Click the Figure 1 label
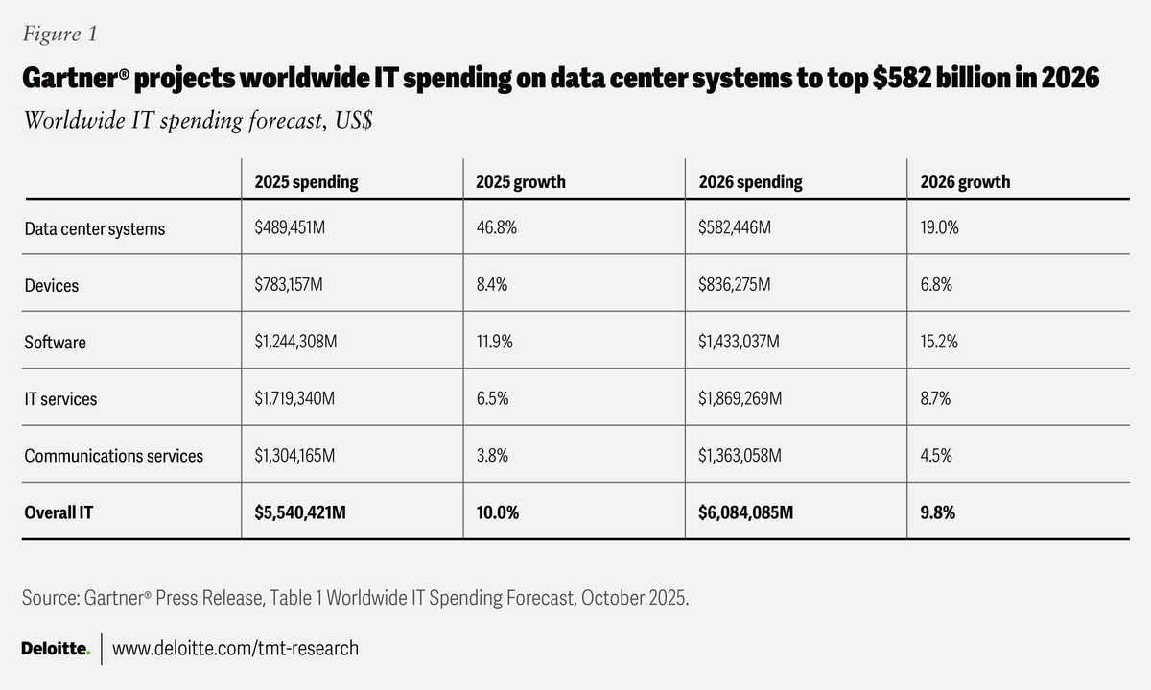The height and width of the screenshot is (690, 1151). (x=59, y=35)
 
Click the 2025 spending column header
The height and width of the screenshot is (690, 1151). (x=306, y=181)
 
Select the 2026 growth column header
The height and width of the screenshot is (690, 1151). (x=965, y=181)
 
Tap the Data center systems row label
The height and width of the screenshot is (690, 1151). (x=95, y=229)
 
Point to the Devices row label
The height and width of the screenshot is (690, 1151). (x=52, y=286)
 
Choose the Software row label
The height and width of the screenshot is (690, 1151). (x=55, y=343)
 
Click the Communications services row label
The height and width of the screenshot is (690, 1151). (x=114, y=456)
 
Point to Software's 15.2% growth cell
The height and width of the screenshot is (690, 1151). (x=938, y=343)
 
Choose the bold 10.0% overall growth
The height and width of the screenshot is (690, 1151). (x=498, y=512)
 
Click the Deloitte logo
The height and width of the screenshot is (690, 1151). (x=56, y=650)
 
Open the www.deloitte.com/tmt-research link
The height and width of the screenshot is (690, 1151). (x=235, y=649)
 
